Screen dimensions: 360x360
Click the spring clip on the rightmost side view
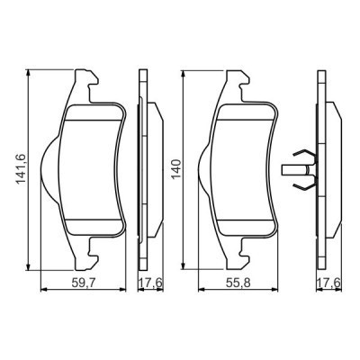click(302, 167)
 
